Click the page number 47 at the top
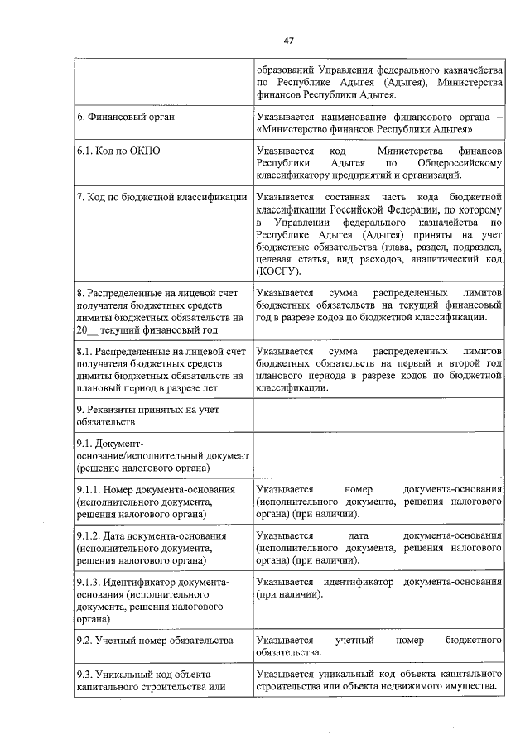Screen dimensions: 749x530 point(289,41)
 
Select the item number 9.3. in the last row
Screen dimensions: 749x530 point(84,674)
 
